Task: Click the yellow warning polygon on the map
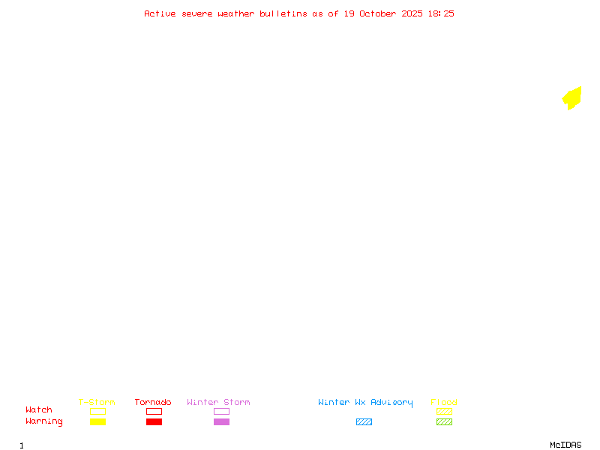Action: click(x=572, y=98)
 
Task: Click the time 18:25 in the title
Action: click(x=441, y=13)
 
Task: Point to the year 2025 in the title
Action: click(x=413, y=13)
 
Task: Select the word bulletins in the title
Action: click(x=283, y=13)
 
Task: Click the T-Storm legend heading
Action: click(x=97, y=402)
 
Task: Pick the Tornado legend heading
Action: click(x=153, y=402)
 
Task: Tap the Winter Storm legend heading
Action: click(x=218, y=402)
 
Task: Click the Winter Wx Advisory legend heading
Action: click(x=365, y=402)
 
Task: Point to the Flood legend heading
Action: click(x=444, y=402)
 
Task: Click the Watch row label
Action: click(x=39, y=410)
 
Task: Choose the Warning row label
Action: click(x=44, y=421)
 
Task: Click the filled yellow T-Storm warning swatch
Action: click(x=97, y=422)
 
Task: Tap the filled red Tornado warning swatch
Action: click(x=154, y=422)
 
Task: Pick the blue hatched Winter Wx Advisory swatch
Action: click(x=364, y=422)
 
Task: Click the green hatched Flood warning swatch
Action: click(x=444, y=422)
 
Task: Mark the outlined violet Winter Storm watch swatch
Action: click(x=221, y=412)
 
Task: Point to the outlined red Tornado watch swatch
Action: click(x=154, y=412)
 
